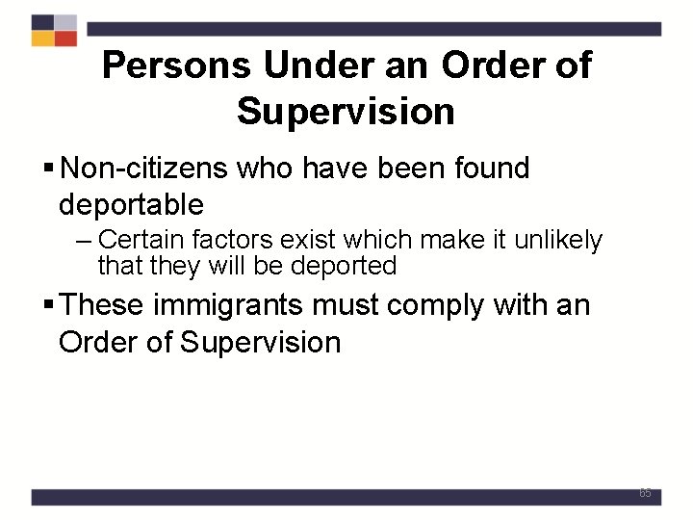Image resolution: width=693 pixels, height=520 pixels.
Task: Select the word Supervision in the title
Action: (x=346, y=112)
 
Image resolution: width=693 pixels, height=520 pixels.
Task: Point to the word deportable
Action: (x=131, y=204)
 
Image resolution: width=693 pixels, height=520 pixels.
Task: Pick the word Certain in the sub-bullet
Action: (x=137, y=240)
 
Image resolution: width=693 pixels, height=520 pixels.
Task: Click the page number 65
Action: (x=645, y=493)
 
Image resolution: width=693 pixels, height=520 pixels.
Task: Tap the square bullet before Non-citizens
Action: (x=49, y=169)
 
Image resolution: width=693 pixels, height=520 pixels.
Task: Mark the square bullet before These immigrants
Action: (x=49, y=307)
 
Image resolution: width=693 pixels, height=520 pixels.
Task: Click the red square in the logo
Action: (x=65, y=39)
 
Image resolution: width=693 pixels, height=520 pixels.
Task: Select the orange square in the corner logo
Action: (x=42, y=39)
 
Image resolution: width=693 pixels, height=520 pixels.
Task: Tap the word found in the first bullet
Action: (x=493, y=169)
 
